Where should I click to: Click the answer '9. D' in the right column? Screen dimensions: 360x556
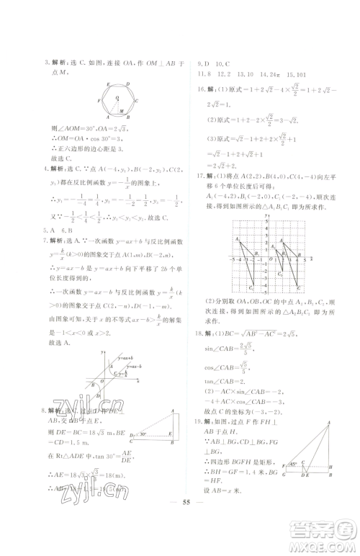pos(203,63)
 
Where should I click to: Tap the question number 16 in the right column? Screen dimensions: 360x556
pos(201,89)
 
